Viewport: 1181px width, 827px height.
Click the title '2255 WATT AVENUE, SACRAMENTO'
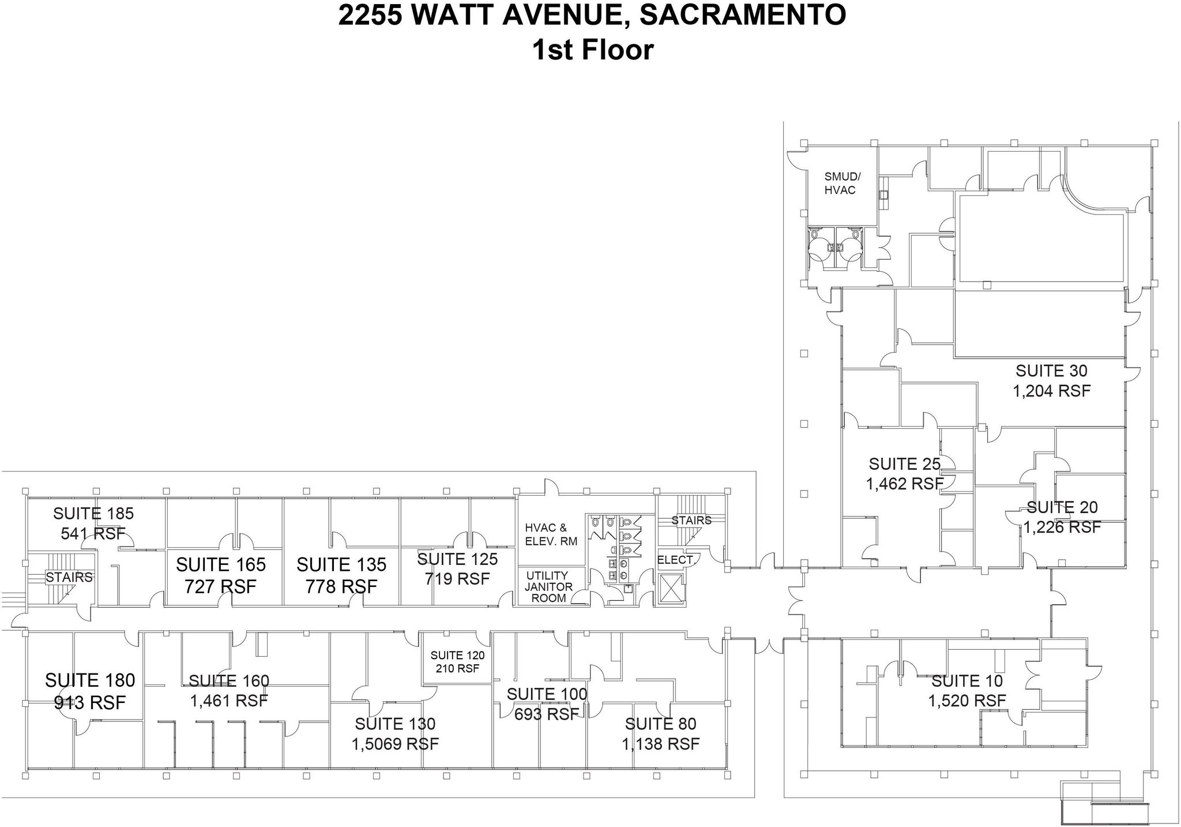(592, 16)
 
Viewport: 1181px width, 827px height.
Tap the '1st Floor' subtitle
(592, 50)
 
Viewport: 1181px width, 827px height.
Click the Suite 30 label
(1051, 371)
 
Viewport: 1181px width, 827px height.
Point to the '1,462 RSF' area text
(904, 484)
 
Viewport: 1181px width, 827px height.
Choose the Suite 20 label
(1062, 507)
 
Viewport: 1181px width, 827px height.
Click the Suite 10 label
(967, 681)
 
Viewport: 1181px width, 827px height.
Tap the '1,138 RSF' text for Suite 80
(660, 744)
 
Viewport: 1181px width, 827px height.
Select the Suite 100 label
(547, 694)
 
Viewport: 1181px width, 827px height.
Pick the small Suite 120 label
(457, 655)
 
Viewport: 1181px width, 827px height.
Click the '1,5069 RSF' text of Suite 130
(395, 744)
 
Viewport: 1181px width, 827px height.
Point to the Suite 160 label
(229, 681)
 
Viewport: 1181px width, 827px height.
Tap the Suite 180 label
(90, 680)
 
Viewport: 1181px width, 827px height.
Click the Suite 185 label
(93, 513)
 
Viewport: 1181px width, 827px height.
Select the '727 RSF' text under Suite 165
(220, 586)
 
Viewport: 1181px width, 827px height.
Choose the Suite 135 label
(341, 564)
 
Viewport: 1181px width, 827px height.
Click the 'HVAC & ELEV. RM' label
(551, 534)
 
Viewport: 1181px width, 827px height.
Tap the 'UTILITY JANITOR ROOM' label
(548, 586)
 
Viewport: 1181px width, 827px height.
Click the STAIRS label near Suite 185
(69, 577)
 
